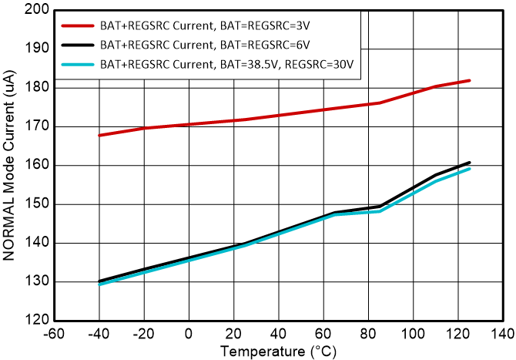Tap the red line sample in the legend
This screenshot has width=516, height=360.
click(77, 25)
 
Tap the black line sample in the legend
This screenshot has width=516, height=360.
click(77, 45)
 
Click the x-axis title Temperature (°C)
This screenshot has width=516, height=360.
click(278, 351)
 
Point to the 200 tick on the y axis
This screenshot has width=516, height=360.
click(39, 10)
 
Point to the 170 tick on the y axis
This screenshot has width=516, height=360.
click(39, 126)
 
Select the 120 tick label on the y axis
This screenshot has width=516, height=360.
click(39, 320)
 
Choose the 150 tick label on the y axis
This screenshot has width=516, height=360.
click(39, 204)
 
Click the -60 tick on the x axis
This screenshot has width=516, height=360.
click(54, 334)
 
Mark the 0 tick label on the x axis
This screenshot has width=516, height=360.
click(189, 334)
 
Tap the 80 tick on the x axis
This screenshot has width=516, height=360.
click(369, 334)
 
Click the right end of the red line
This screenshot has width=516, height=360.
click(469, 80)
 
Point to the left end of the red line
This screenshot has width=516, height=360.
click(99, 136)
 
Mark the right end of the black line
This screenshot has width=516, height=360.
click(469, 163)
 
